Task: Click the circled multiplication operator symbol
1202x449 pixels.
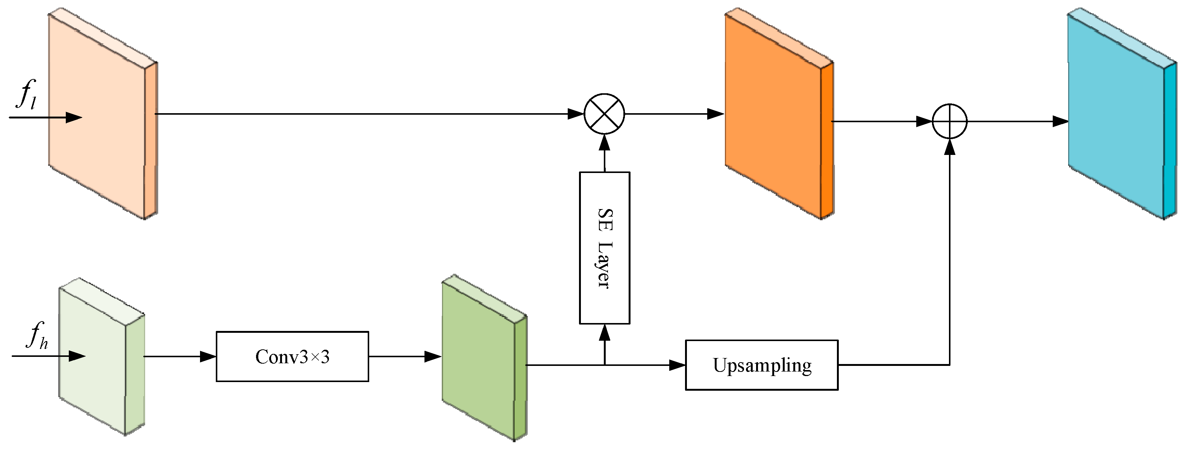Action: [x=604, y=114]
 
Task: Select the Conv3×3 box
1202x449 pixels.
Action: [x=292, y=356]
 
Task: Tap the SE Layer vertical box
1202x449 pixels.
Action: [x=604, y=248]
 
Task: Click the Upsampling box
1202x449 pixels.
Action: [x=761, y=365]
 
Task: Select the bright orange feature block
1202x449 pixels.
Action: [x=775, y=117]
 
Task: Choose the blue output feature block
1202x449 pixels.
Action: [x=1117, y=117]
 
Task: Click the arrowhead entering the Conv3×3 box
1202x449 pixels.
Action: [x=208, y=356]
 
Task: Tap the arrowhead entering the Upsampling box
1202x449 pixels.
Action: [x=677, y=365]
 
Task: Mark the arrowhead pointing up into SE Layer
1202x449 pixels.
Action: [x=604, y=332]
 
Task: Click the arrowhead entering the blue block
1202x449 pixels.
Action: [x=1060, y=122]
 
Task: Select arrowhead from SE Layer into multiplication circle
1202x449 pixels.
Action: [x=604, y=142]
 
